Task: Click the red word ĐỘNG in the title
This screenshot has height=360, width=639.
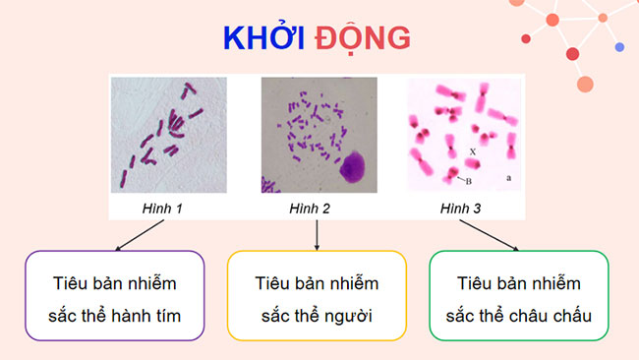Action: (363, 37)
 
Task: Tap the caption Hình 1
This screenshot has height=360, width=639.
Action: (162, 209)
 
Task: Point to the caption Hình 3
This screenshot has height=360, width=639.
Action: (459, 209)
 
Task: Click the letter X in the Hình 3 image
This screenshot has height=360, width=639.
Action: (473, 151)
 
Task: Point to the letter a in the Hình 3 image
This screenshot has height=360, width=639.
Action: (507, 179)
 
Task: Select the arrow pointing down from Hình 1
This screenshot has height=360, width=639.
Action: (139, 233)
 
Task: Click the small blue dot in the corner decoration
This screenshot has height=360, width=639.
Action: (619, 46)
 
